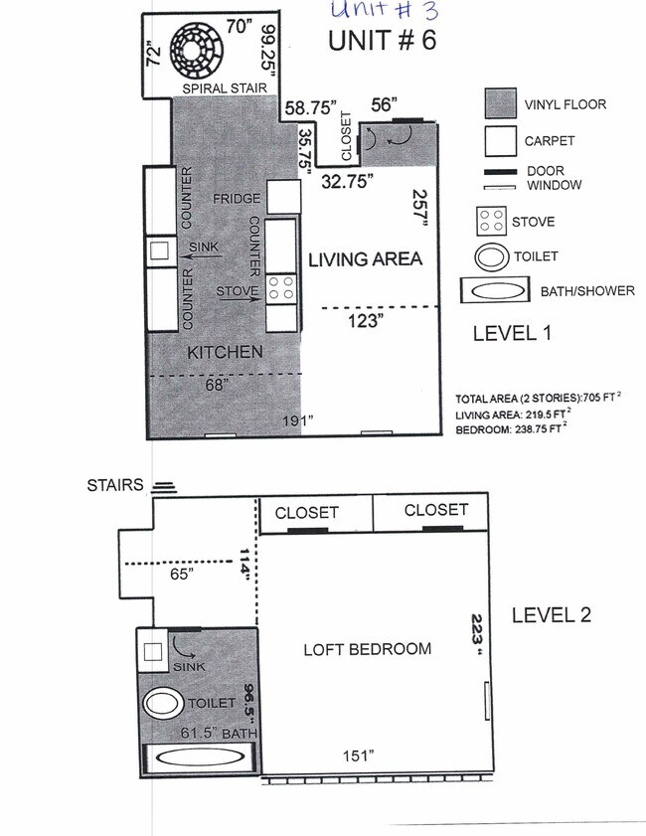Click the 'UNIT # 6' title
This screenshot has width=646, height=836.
point(382,42)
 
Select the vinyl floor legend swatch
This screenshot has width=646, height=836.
point(500,104)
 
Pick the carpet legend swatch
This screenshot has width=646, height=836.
point(500,141)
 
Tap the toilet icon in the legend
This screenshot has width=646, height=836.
point(491,256)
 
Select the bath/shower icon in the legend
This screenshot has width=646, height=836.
point(494,292)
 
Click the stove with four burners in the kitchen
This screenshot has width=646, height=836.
point(281,288)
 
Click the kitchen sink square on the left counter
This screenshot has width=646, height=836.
point(159,251)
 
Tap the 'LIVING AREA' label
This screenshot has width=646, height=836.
point(365,259)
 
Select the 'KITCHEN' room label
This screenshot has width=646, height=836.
point(225,352)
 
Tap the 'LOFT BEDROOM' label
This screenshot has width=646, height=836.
point(367,649)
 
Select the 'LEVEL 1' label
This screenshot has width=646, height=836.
point(512,333)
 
